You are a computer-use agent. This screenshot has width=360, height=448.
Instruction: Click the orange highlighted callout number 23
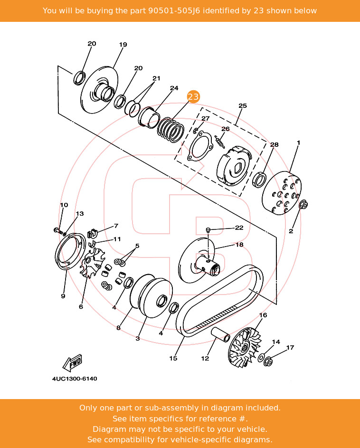(x=193, y=96)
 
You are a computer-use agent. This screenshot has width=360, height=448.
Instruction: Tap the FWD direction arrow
(x=73, y=363)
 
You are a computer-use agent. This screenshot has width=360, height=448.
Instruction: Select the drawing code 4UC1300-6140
(x=75, y=379)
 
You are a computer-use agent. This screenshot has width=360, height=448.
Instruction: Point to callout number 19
(x=123, y=45)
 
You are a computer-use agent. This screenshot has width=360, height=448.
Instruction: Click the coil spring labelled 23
(x=170, y=128)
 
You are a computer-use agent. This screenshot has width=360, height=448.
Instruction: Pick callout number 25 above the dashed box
(x=243, y=105)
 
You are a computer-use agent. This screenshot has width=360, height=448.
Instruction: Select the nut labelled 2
(x=304, y=205)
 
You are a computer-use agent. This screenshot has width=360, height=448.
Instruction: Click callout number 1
(x=299, y=143)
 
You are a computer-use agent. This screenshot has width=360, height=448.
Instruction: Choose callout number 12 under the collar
(x=205, y=358)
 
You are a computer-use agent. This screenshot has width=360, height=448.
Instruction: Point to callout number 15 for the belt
(x=173, y=358)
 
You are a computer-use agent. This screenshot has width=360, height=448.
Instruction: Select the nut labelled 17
(x=268, y=362)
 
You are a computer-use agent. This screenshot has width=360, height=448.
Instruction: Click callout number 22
(x=239, y=228)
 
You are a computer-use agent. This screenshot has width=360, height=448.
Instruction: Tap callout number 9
(x=63, y=296)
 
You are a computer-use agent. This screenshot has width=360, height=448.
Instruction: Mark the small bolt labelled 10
(x=57, y=230)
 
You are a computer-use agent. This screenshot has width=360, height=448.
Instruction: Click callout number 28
(x=275, y=144)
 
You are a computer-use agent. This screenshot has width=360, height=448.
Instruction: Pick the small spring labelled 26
(x=218, y=141)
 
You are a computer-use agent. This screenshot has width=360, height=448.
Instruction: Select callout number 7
(x=116, y=226)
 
